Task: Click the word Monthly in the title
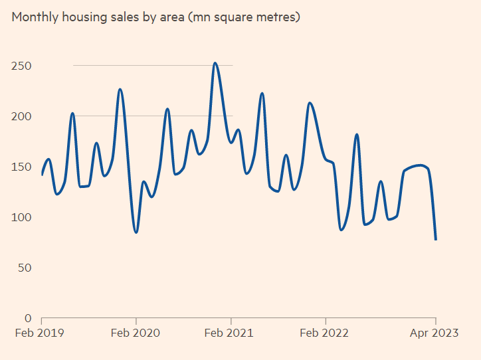click(x=34, y=17)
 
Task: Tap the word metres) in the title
click(x=277, y=17)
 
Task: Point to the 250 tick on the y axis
click(x=21, y=66)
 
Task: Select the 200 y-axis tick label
click(x=21, y=116)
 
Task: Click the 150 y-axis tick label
click(x=21, y=167)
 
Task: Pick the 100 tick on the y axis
click(x=21, y=217)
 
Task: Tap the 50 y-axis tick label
click(x=24, y=268)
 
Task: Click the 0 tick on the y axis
click(x=27, y=318)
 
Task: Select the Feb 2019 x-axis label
click(x=41, y=333)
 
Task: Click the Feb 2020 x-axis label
click(x=136, y=333)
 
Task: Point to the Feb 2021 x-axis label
click(x=231, y=333)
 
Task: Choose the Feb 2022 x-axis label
click(x=326, y=333)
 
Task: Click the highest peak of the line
click(x=215, y=63)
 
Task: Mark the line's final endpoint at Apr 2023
click(x=436, y=239)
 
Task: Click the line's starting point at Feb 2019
click(x=42, y=175)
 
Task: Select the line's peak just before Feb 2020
click(x=120, y=89)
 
